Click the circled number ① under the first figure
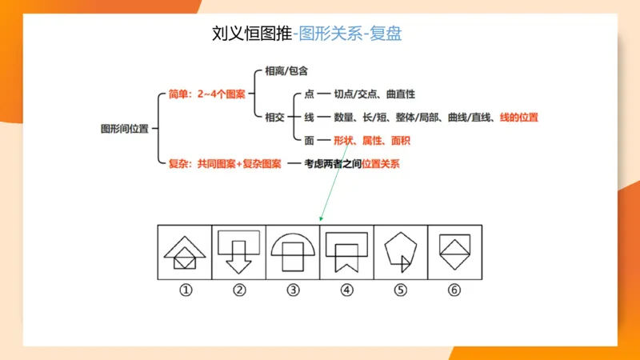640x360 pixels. coord(186,290)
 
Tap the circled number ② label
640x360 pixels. coord(239,290)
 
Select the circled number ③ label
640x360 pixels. coord(293,290)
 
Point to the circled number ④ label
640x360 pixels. coord(346,290)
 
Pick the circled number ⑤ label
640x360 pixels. coord(401,290)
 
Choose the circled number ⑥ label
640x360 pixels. coord(454,290)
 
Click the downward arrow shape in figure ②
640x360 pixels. coord(239,262)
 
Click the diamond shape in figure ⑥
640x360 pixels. coord(454,251)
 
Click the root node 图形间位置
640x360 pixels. coord(124,128)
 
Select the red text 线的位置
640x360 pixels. coord(518,117)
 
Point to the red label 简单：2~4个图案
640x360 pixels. coord(207,94)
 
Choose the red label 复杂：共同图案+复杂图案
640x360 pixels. coord(225,164)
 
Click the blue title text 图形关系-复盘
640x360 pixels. coord(348,34)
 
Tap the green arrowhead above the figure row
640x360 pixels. coord(322,218)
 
